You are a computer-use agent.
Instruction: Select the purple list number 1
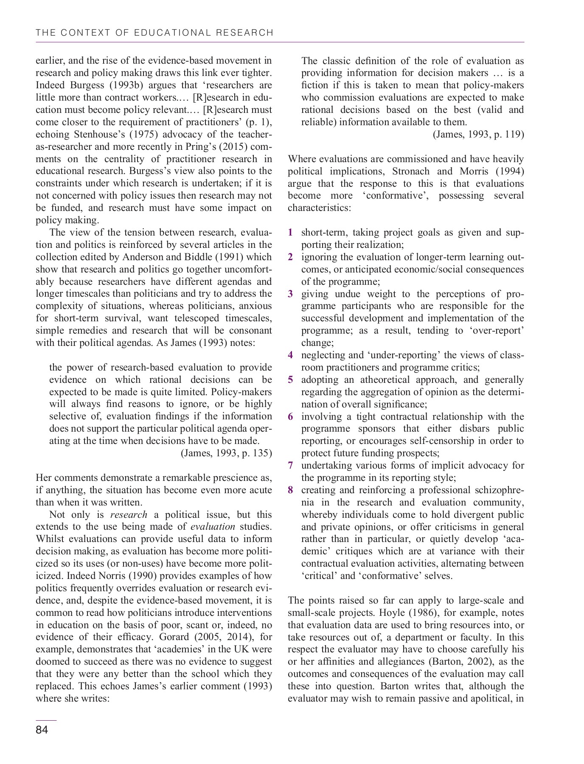(x=290, y=233)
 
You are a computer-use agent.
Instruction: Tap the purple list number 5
(x=290, y=380)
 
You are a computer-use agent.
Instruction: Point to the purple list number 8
(x=290, y=490)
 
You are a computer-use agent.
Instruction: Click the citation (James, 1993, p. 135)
(x=227, y=453)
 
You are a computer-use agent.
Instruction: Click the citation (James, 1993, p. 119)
(x=478, y=135)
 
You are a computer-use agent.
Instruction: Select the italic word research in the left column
(x=129, y=515)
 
